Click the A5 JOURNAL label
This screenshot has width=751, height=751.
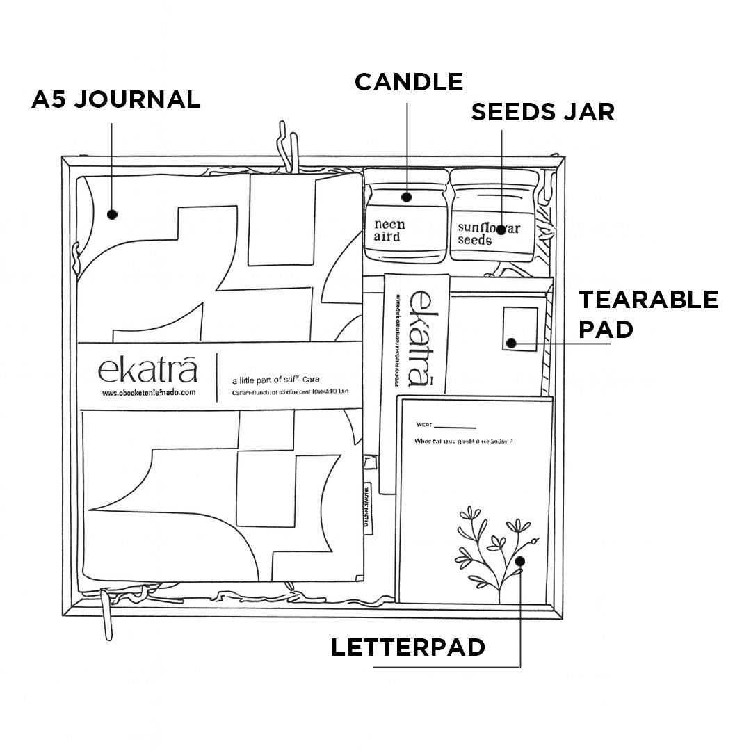tap(116, 99)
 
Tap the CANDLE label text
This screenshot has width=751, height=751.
tap(409, 82)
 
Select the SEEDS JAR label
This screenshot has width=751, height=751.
tap(543, 112)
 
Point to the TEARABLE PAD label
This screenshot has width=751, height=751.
tap(648, 314)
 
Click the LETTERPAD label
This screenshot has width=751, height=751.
tap(408, 647)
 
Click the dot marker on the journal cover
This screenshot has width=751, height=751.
tap(113, 215)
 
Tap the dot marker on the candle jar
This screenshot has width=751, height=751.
tap(407, 197)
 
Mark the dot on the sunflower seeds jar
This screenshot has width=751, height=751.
tap(501, 229)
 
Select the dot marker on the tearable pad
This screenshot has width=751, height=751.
tap(511, 343)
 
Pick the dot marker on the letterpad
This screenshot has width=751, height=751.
tap(520, 560)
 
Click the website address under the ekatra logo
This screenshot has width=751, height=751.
tap(149, 393)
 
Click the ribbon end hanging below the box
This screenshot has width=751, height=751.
tap(107, 615)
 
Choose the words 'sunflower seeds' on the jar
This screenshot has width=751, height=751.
tap(488, 234)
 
